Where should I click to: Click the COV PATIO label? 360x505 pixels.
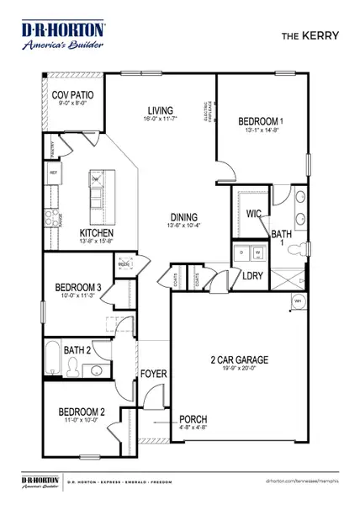pos(72,96)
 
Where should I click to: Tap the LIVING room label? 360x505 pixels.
pos(160,111)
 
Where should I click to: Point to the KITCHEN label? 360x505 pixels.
pos(97,233)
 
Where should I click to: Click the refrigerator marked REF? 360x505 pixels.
pos(54,173)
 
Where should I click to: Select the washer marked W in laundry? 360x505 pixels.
pos(258,251)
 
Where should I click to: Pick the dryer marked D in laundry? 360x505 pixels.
pos(243,251)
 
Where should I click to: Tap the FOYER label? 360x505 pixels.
pos(152,374)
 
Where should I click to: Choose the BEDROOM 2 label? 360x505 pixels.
pos(82,412)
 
